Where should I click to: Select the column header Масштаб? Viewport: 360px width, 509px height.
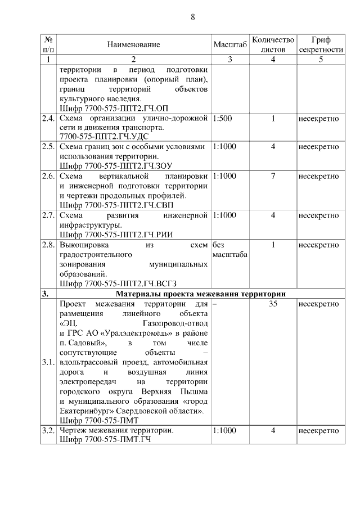pos(231,45)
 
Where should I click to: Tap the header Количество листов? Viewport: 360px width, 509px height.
pos(273,45)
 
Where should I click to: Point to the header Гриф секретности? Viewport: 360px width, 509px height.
pos(321,45)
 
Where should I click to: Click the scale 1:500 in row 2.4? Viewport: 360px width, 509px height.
pos(222,119)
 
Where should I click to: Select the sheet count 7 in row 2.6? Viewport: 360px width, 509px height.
pos(273,176)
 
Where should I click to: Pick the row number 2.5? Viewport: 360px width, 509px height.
pos(48,147)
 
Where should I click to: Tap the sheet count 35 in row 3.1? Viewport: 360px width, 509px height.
pos(273,304)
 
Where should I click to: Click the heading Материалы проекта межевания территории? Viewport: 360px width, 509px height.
pos(201,294)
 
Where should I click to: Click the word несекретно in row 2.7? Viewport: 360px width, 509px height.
pos(318,215)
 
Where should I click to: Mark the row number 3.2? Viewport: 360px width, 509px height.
pos(48,431)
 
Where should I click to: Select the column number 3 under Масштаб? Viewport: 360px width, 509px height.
pos(231,60)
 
